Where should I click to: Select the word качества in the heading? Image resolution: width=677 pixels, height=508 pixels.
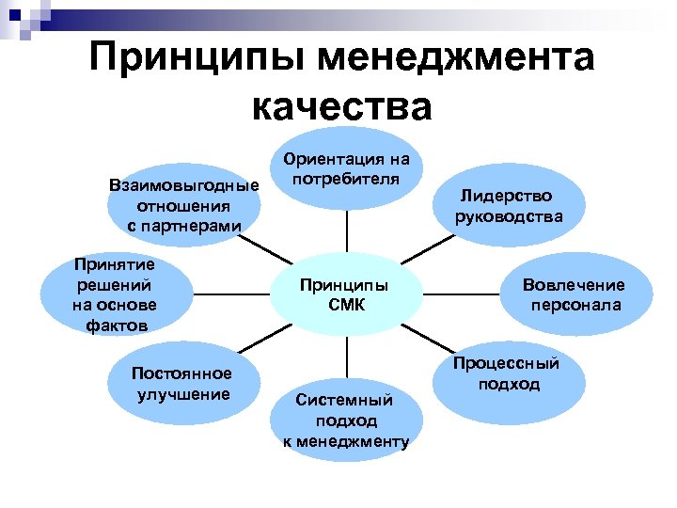(342, 106)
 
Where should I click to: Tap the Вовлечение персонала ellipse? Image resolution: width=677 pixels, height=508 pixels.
(574, 294)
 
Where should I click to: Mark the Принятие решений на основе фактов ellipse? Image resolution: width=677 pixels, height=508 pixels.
(115, 294)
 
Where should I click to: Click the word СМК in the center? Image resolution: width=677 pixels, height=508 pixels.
(345, 305)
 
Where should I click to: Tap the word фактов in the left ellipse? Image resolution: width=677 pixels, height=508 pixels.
(114, 325)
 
